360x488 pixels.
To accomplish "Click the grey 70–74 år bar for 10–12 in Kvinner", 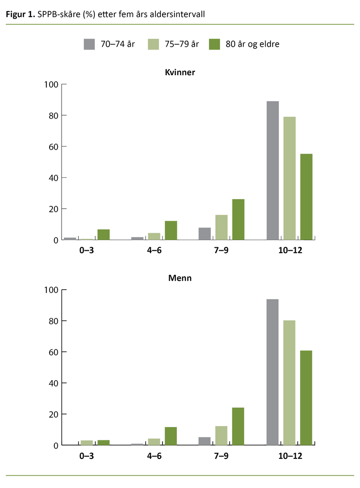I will (273, 170).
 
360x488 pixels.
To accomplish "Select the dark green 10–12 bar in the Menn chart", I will (306, 397).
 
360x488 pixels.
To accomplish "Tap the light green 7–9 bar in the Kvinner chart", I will (221, 227).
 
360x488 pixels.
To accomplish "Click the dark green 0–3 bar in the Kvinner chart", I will (103, 234).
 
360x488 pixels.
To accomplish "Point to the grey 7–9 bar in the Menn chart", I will (204, 441).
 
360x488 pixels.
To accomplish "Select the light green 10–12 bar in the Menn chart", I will (289, 382).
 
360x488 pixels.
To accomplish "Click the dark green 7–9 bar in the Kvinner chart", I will (238, 219).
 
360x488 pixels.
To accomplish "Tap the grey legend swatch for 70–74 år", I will (90, 44).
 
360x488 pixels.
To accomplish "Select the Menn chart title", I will (180, 278).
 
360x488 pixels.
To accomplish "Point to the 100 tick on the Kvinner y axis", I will (51, 85).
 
